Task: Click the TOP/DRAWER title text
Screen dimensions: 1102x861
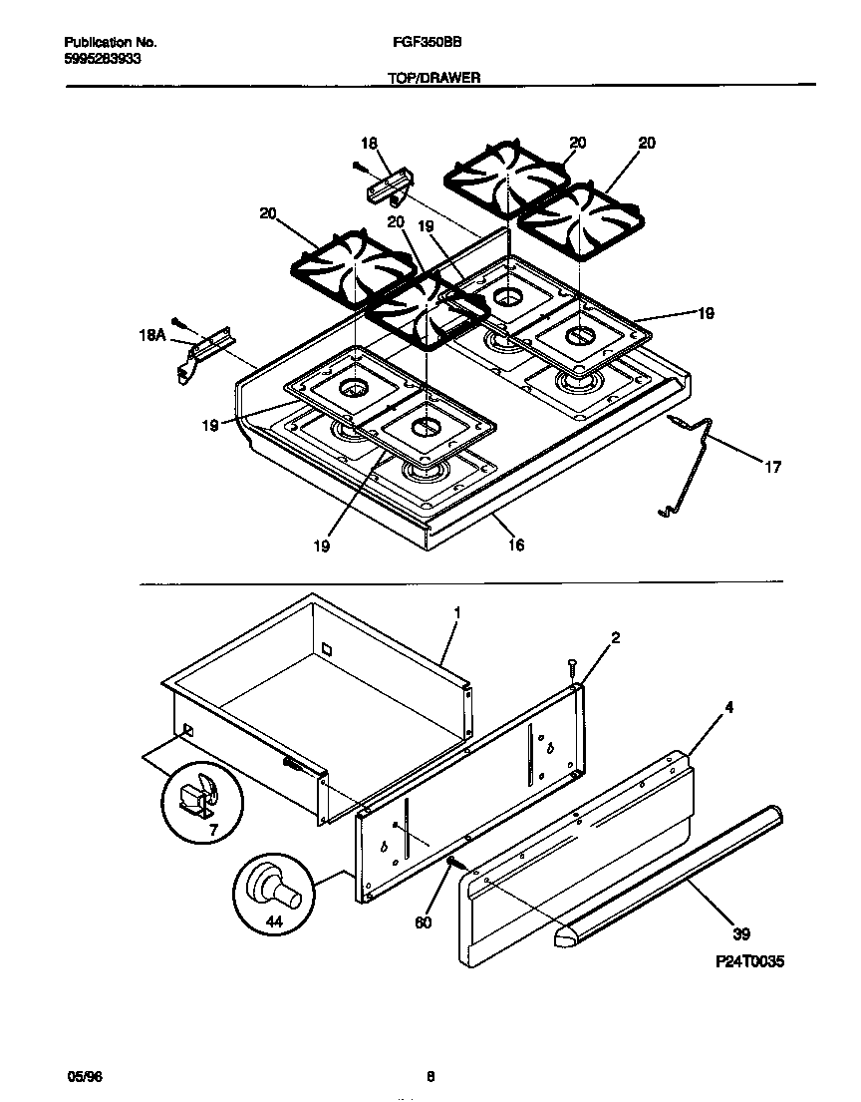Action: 434,77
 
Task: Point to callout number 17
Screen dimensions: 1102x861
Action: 772,467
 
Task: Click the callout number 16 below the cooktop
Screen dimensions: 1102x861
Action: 515,545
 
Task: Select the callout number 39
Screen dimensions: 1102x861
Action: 740,933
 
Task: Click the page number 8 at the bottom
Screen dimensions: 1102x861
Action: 430,1076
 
